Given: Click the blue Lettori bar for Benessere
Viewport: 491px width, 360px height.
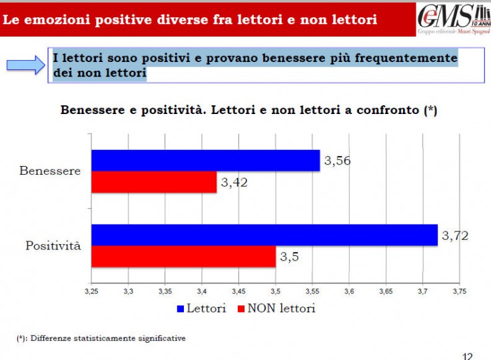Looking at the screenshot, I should point(205,161).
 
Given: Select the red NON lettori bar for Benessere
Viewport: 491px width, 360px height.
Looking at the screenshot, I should point(154,182).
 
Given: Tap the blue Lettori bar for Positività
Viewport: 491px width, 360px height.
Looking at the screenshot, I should point(264,235).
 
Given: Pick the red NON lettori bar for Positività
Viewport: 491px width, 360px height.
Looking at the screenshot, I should point(183,257).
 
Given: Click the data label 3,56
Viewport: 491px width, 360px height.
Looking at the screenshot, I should point(337,161).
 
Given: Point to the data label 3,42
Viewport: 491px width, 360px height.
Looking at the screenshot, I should point(234,183).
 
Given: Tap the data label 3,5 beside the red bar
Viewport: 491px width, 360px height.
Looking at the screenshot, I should point(288,257).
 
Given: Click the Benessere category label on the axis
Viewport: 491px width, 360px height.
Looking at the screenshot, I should point(50,171).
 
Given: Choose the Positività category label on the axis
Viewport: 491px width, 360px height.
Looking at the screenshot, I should point(53,246).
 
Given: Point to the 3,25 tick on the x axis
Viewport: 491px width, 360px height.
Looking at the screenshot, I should point(92,291).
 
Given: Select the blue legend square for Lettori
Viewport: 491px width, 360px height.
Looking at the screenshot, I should point(180,309).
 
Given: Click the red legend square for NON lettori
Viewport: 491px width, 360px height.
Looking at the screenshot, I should point(241,309).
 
